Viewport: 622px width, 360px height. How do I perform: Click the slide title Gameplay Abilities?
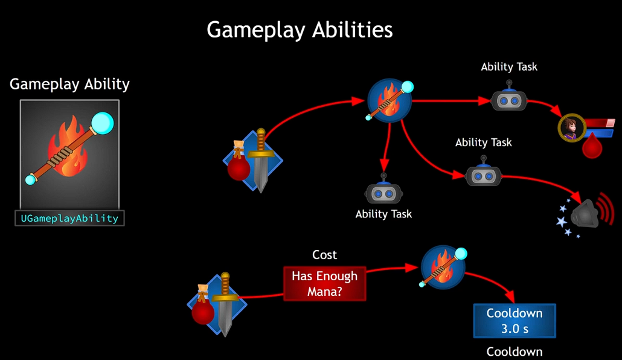coord(300,30)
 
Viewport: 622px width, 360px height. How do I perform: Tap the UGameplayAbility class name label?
coord(69,218)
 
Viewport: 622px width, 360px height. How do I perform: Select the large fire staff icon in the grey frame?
coord(69,154)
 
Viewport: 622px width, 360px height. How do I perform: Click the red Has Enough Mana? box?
coord(325,283)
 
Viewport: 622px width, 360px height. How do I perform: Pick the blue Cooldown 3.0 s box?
coord(515,321)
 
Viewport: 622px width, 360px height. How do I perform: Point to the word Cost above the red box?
coord(325,255)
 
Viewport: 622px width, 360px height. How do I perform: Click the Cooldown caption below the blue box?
coord(515,352)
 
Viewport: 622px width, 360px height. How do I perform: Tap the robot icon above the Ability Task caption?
coord(383,193)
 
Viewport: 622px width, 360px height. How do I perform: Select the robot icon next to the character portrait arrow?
coord(509,100)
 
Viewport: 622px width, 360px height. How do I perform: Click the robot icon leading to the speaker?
coord(484,175)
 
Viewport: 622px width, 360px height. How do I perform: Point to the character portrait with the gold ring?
coord(571,127)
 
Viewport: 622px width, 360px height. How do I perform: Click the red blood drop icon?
coord(592,146)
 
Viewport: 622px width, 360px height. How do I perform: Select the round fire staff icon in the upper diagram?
coord(390,100)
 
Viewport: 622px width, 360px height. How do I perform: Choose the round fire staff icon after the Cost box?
coord(443,266)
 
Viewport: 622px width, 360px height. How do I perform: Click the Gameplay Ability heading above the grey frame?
coord(69,84)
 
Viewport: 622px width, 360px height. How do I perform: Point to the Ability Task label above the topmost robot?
coord(509,67)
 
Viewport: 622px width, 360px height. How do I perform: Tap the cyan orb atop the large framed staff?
coord(102,124)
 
